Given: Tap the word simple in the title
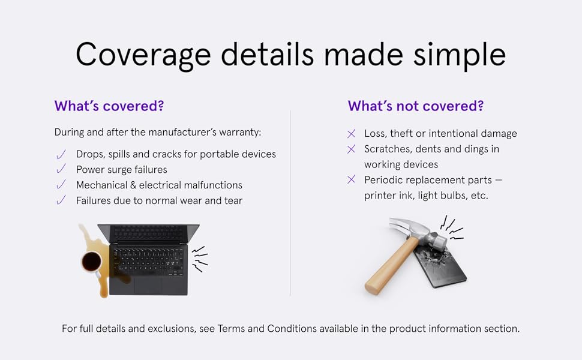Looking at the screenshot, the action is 460,55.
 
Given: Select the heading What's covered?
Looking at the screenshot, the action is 109,106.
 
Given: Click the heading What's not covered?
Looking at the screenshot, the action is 416,106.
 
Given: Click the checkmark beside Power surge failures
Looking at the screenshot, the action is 61,169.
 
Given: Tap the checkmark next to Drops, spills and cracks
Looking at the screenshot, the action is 61,154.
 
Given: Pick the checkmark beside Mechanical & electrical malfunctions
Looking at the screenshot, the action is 61,184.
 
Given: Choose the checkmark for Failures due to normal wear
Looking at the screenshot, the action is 61,200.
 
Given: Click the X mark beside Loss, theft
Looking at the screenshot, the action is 351,134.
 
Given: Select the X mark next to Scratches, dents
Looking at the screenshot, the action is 351,149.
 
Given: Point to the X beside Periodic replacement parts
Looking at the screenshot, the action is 351,179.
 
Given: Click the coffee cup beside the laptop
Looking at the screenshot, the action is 91,262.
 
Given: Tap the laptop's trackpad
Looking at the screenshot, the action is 148,286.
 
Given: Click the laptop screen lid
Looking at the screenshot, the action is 148,233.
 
